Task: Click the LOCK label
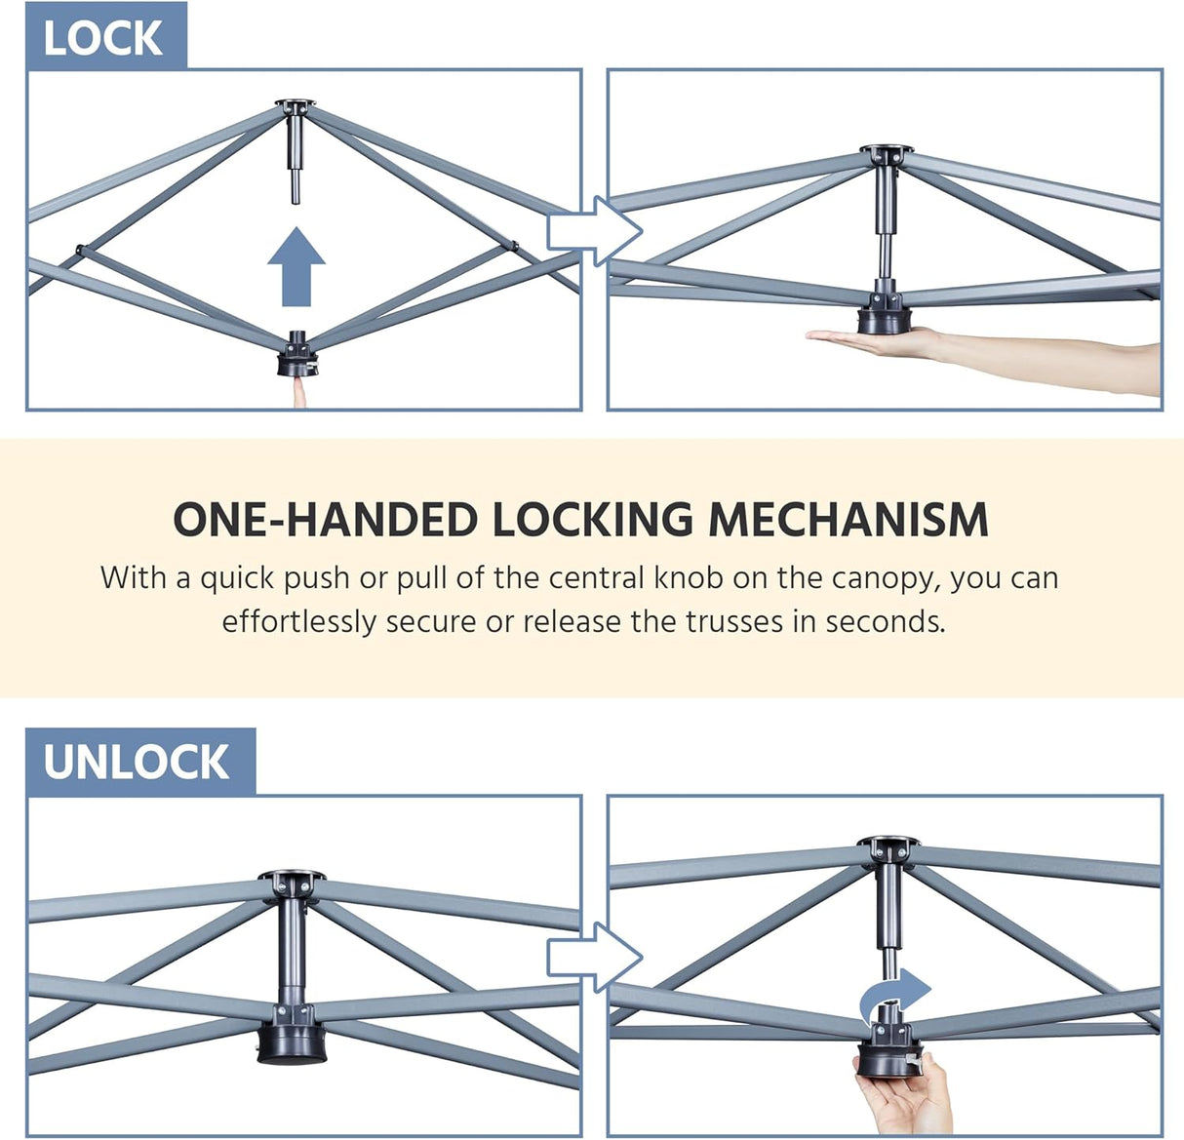[102, 38]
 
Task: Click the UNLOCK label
[137, 763]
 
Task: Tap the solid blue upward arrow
[296, 267]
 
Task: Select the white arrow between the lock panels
[594, 232]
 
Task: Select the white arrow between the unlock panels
[594, 958]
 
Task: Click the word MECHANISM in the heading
[849, 520]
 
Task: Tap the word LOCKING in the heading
[593, 520]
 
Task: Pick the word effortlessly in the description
[298, 623]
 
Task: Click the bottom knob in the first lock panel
[296, 355]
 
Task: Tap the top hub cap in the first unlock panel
[292, 876]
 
